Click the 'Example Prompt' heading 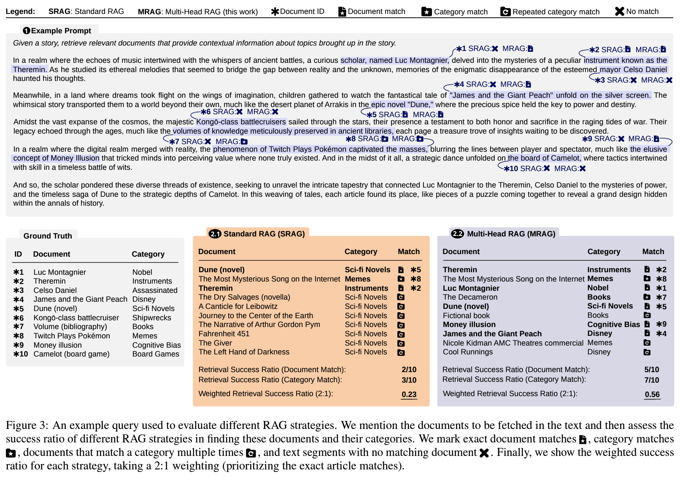(x=61, y=31)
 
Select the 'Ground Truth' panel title (x=48, y=236)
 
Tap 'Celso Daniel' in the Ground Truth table (x=55, y=290)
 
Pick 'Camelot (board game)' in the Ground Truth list (x=71, y=354)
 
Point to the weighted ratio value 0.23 (x=409, y=394)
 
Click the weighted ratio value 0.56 (x=652, y=394)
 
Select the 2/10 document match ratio (x=409, y=370)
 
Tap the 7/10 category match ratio (x=651, y=380)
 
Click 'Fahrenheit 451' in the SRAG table (x=224, y=334)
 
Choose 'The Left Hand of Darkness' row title (x=244, y=352)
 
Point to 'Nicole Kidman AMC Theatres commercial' (x=513, y=343)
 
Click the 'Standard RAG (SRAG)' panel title (x=264, y=234)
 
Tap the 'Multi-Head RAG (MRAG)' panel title (x=511, y=234)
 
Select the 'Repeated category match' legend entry (x=556, y=12)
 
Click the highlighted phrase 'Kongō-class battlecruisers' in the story (x=241, y=122)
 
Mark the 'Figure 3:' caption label (x=27, y=425)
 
